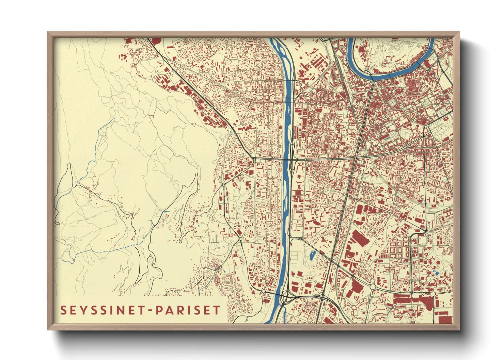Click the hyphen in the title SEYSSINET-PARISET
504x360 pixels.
point(151,310)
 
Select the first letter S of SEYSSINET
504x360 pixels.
point(63,310)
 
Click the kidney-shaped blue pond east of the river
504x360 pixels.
point(312,255)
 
